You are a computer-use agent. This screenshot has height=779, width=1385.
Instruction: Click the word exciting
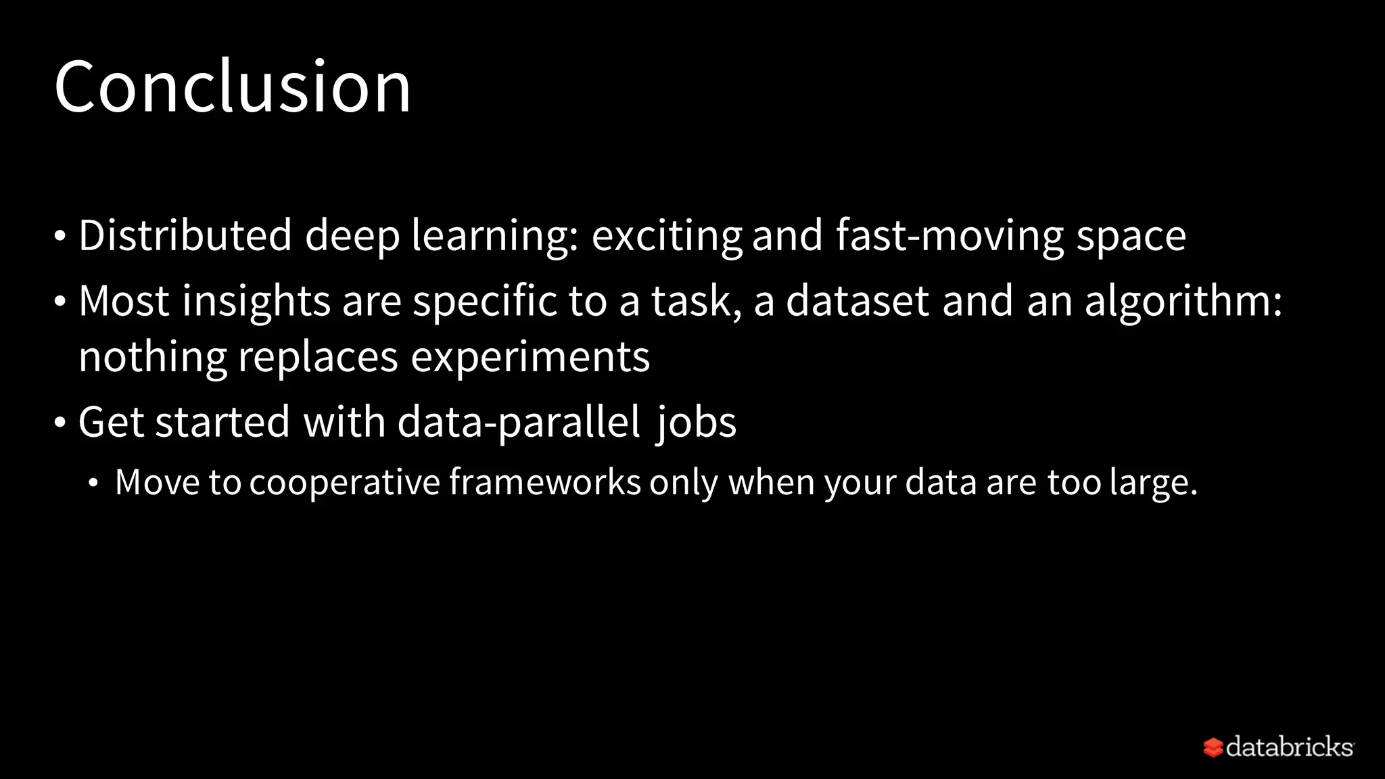point(666,237)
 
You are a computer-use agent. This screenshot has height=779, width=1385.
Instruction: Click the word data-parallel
point(519,423)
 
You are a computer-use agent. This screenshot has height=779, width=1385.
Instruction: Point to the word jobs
point(696,423)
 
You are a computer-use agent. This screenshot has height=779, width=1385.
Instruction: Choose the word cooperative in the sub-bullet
point(344,483)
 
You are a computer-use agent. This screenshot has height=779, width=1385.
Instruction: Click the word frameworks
point(545,483)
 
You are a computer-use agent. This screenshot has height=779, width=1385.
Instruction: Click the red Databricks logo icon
point(1213,747)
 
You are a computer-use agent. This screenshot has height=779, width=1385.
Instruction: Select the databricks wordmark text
point(1289,747)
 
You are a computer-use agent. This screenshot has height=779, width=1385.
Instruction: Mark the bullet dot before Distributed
point(60,237)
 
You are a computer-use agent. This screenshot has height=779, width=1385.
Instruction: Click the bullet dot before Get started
point(60,423)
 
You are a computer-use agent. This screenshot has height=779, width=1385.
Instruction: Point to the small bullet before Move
point(93,483)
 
